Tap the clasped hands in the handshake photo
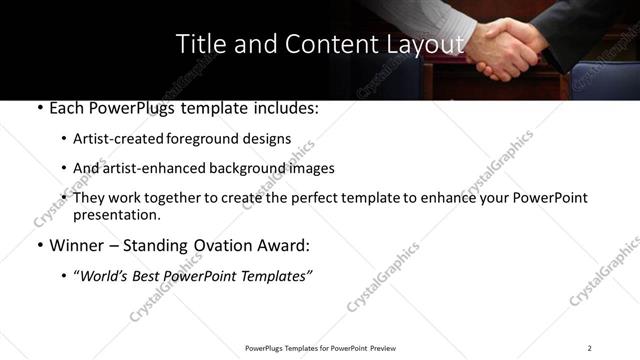coord(505,50)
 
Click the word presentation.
coord(117,214)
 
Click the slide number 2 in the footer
coord(590,348)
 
